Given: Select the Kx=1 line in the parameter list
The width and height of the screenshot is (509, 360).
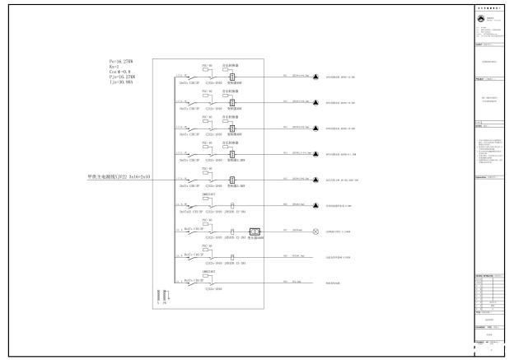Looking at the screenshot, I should coord(116,65).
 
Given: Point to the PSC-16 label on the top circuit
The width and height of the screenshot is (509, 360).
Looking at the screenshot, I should coord(208,64).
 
